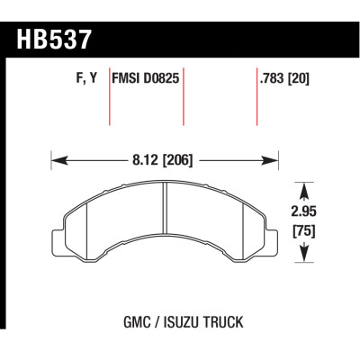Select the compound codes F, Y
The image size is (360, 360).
82,78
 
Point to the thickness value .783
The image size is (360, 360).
271,78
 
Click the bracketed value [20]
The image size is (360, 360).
300,78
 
